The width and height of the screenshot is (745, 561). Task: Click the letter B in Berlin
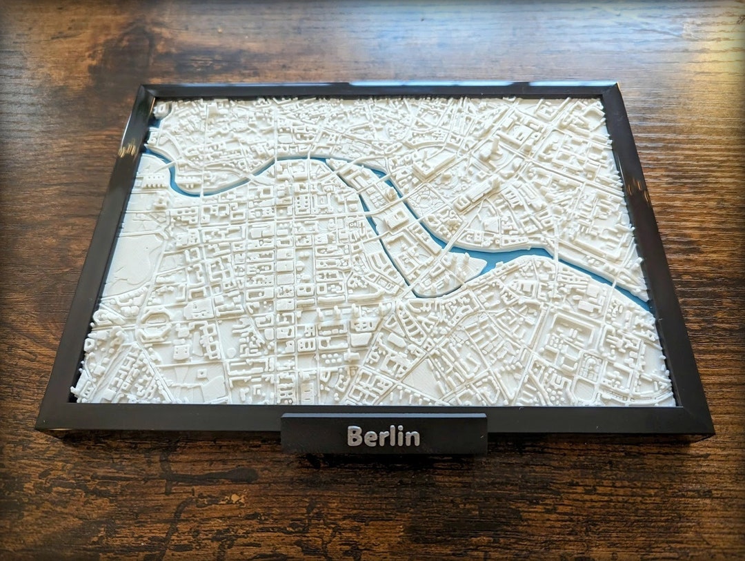tap(355, 436)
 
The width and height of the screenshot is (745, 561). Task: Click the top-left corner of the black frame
tap(143, 86)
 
